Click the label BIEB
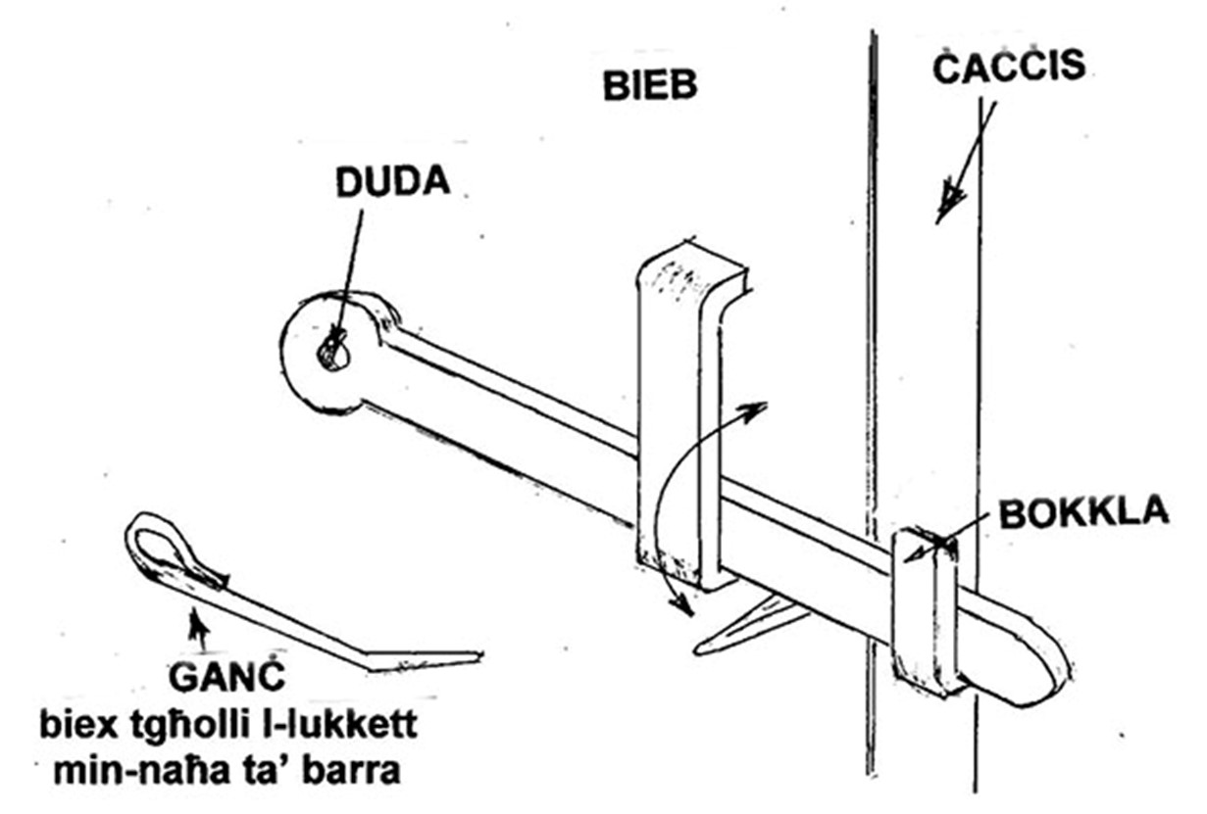pos(650,85)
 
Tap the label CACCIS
pos(1009,67)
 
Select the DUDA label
pos(393,182)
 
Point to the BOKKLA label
pos(1084,512)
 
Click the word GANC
pos(226,676)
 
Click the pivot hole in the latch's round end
pos(334,356)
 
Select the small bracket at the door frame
pos(922,614)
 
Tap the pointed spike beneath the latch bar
pos(749,627)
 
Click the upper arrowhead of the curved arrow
pos(754,410)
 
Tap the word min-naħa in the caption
pos(141,772)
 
